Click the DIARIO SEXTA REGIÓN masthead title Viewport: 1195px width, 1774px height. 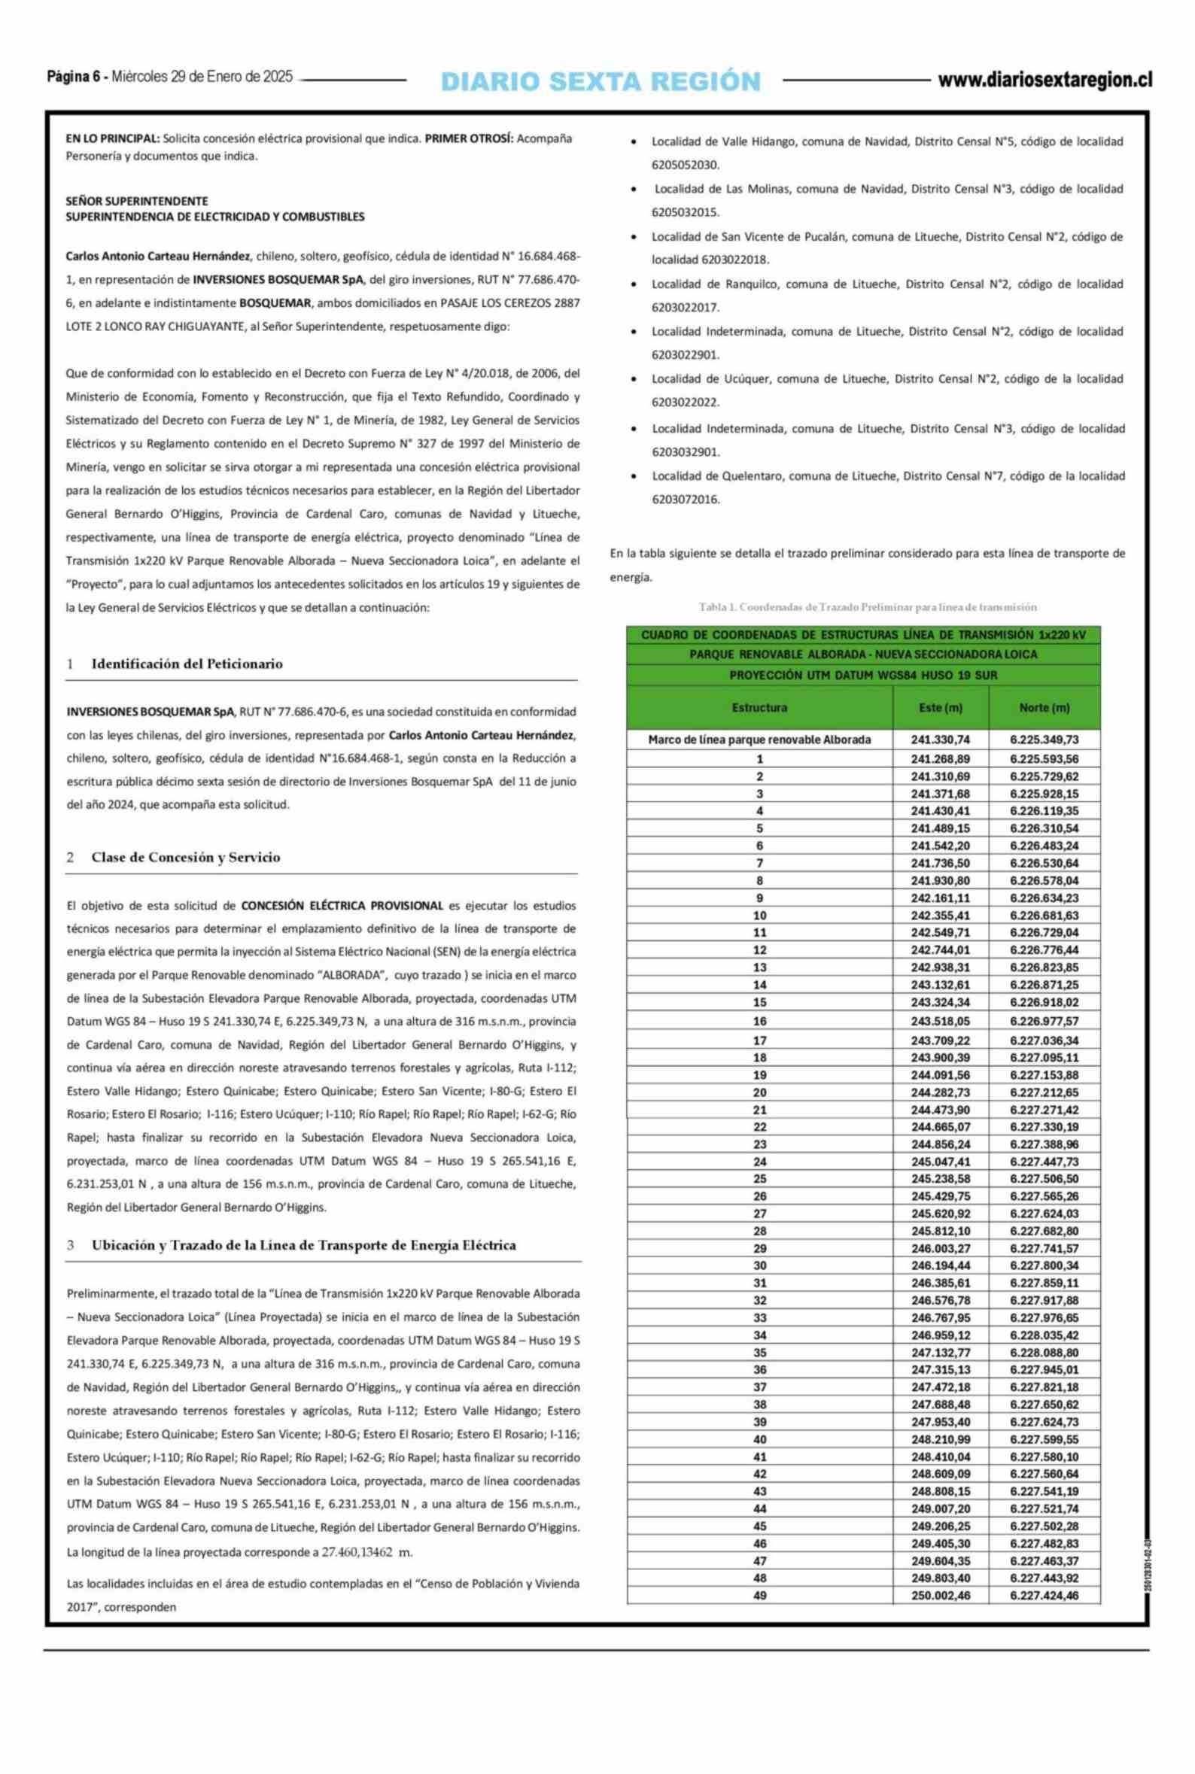pos(601,81)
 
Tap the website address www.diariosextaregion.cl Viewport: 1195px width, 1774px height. pos(1044,80)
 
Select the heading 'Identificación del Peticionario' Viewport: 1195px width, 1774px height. pos(187,664)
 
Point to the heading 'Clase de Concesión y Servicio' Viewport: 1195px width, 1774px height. pos(185,857)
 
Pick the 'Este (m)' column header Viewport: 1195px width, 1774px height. pos(941,708)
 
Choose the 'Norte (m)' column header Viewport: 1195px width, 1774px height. pos(1044,708)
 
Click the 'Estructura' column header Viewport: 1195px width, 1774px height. pos(759,708)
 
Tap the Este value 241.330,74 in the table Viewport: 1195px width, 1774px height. pos(941,740)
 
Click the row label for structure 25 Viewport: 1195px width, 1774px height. pos(759,1178)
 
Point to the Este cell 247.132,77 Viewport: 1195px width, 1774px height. pos(941,1353)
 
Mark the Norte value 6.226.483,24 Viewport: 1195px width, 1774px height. pos(1044,846)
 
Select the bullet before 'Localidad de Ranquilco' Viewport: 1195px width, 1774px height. pos(635,285)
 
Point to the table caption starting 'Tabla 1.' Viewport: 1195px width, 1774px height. pos(868,607)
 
